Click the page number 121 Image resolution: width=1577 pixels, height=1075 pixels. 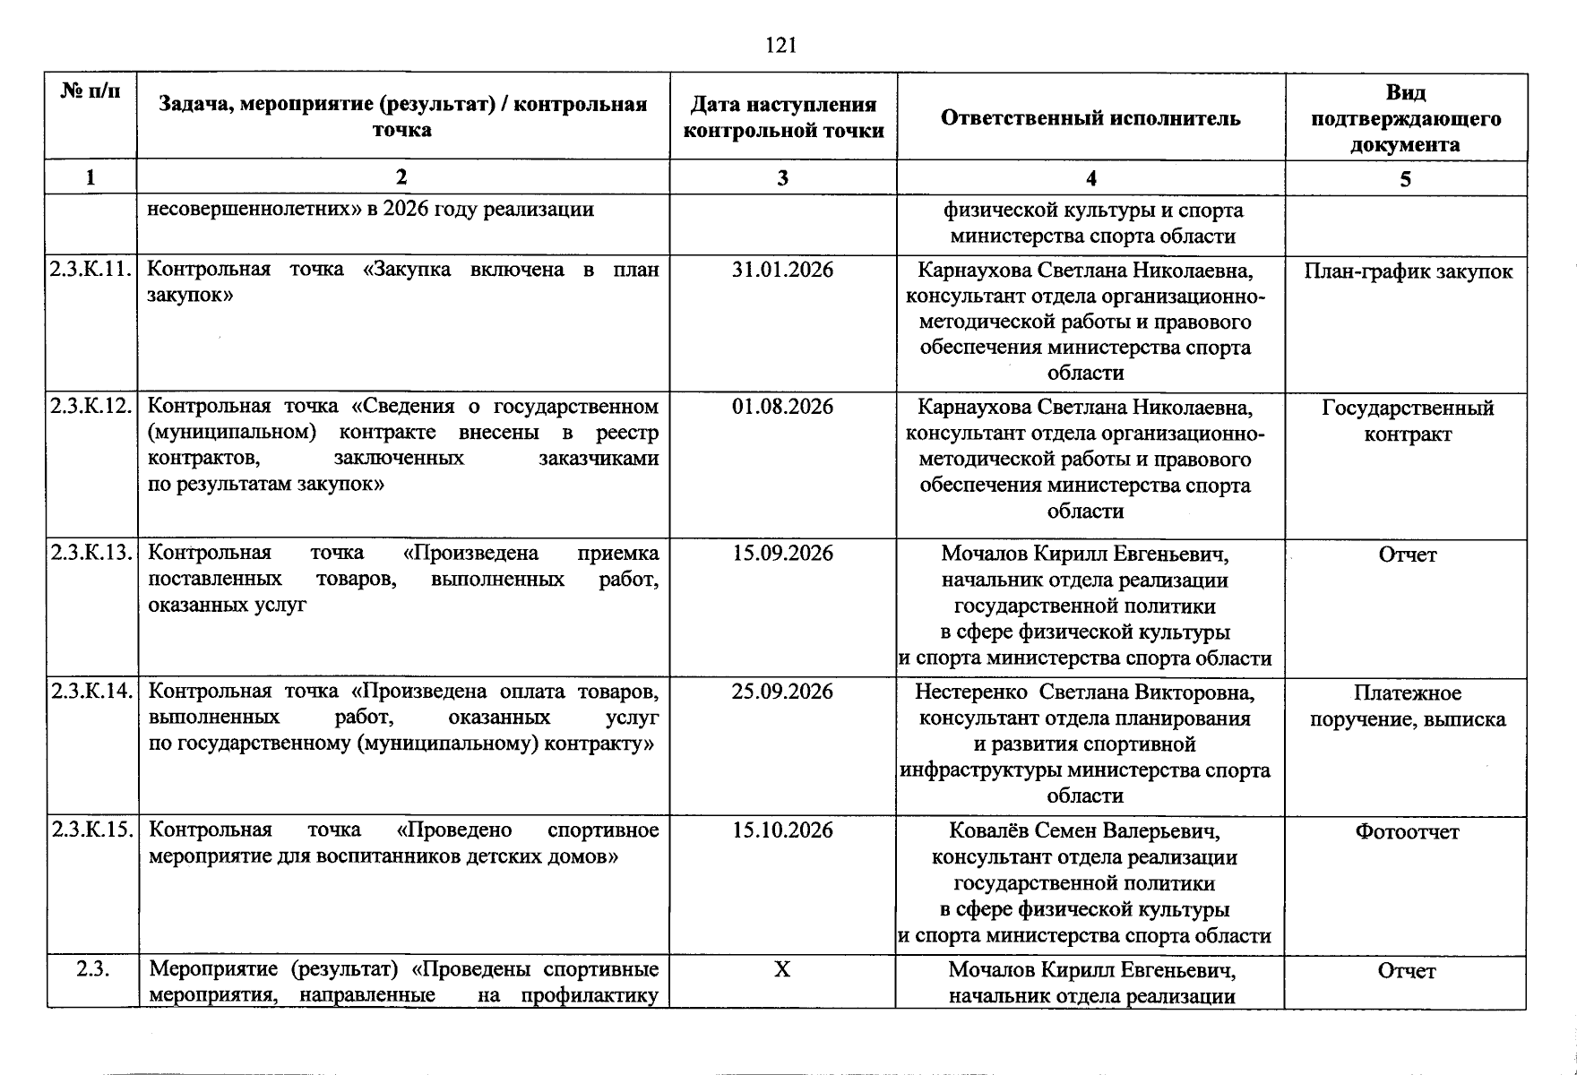[x=781, y=45]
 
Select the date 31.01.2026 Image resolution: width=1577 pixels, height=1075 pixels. [x=782, y=270]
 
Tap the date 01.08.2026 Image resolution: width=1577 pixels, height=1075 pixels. [x=782, y=407]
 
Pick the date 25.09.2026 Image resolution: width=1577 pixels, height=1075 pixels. [x=782, y=692]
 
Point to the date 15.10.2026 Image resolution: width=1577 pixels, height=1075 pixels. [x=782, y=830]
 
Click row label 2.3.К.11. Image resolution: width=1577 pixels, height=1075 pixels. [x=92, y=270]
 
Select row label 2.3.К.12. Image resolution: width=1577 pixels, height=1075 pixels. [x=92, y=407]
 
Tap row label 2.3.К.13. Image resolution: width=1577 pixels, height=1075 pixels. [x=92, y=553]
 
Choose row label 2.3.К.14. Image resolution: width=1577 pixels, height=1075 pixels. [x=92, y=692]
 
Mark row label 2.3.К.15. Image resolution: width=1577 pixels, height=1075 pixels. [x=92, y=830]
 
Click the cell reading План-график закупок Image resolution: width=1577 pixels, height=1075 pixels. [x=1408, y=271]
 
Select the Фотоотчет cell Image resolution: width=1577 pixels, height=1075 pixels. [x=1407, y=832]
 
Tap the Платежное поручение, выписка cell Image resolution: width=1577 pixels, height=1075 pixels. [x=1407, y=706]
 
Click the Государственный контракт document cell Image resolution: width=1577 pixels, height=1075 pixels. [x=1407, y=421]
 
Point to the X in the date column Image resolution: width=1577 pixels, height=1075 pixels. [x=782, y=969]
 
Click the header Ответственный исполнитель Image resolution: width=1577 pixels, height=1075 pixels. [x=1090, y=118]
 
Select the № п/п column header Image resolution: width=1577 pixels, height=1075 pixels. [x=90, y=91]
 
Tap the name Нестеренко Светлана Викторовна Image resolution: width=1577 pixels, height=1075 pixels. [x=1085, y=692]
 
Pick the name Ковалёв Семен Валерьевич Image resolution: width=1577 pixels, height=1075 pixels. [x=1085, y=831]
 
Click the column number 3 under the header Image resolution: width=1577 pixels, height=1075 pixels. [x=782, y=178]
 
